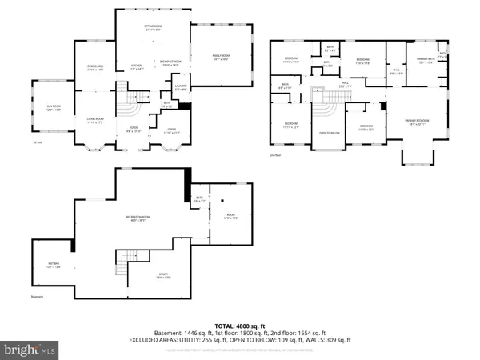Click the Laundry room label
(181, 86)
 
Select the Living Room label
(96, 120)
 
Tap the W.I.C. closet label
(395, 71)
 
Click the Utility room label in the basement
(163, 276)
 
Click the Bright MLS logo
(30, 350)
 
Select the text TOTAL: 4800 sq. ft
(239, 326)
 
